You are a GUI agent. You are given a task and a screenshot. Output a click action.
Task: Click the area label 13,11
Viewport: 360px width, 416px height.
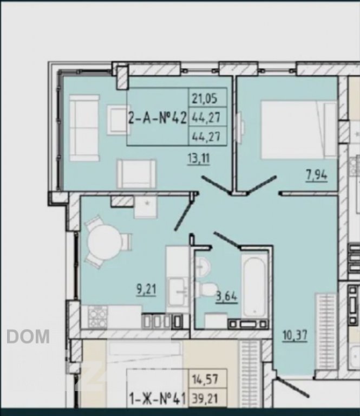pos(199,159)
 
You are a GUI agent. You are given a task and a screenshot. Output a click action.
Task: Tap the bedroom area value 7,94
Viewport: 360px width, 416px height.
pos(317,175)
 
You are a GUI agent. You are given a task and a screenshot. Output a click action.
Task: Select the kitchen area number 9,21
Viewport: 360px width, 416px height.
pos(146,289)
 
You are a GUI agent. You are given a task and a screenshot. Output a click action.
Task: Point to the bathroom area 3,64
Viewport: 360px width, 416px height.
pos(227,296)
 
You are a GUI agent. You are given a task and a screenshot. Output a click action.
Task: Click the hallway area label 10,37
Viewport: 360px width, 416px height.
pos(295,335)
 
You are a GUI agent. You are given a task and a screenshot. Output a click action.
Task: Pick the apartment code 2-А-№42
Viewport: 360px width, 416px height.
pos(158,118)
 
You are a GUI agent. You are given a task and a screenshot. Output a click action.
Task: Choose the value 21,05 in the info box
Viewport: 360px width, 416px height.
pos(205,98)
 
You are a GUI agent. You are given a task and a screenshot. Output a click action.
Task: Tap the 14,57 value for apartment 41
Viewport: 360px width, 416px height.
pos(205,378)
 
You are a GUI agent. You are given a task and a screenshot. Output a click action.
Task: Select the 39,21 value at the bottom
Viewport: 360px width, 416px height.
pos(205,398)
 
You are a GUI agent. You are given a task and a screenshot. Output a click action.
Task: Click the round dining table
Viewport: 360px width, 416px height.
pos(104,242)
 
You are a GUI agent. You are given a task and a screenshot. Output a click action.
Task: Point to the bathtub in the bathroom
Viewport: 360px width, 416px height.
pos(254,287)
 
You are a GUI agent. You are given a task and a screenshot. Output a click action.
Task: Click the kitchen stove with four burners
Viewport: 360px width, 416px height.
pos(98,316)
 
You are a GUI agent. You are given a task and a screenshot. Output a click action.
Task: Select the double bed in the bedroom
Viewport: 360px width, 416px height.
pos(299,130)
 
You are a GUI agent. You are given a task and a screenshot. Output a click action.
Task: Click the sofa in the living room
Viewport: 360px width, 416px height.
pos(84,128)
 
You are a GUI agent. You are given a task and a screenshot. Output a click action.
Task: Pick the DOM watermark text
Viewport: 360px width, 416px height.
pos(28,336)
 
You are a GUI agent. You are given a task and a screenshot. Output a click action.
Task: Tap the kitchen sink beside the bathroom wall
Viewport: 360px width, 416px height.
pos(179,291)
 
